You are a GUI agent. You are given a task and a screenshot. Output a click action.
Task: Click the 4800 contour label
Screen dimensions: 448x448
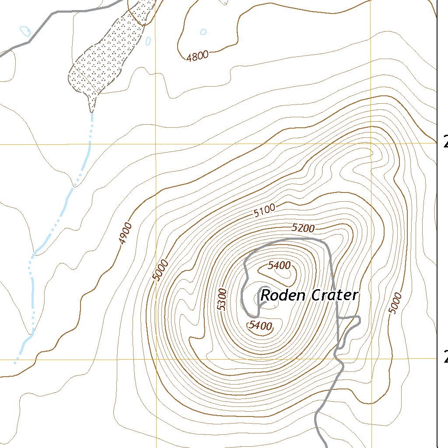tap(197, 55)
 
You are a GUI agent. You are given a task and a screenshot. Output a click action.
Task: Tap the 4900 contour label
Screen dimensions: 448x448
tap(126, 233)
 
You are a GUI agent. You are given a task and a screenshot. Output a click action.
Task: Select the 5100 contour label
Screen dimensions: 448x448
tap(264, 210)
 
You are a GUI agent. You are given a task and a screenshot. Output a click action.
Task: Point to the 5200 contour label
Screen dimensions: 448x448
tap(303, 228)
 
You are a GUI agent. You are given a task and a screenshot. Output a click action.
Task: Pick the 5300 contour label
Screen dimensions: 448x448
tap(222, 299)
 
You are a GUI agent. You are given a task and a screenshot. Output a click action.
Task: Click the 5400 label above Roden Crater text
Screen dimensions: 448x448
tap(279, 265)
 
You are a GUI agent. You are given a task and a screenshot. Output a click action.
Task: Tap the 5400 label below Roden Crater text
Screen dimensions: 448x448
tap(260, 325)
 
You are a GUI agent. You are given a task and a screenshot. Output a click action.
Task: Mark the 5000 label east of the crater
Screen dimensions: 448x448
tap(395, 303)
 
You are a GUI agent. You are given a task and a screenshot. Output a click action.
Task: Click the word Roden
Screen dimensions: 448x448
tap(283, 296)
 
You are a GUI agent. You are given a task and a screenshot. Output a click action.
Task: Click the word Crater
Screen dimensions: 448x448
tap(335, 296)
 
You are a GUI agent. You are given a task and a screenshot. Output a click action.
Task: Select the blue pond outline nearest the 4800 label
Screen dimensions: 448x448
tap(203, 31)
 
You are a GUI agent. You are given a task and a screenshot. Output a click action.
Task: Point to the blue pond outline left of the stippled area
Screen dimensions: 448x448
tap(25, 31)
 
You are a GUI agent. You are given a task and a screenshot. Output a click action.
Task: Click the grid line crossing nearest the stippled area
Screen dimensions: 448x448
tap(156, 143)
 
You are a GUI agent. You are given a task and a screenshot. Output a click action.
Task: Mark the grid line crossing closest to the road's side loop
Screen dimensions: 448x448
tap(371, 359)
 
